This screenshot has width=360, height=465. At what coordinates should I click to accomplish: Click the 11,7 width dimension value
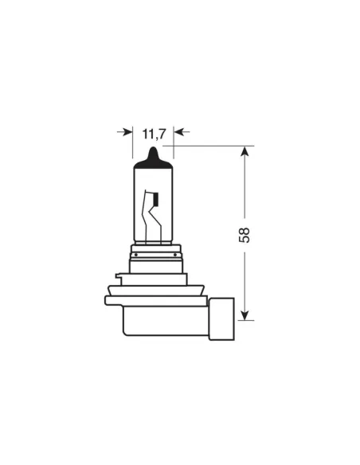coord(153,133)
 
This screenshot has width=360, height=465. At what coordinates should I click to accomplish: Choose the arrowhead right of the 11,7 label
coord(178,131)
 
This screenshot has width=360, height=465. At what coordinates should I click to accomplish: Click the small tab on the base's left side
coord(118,279)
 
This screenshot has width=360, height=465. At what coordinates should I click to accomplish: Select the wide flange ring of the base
coord(155,300)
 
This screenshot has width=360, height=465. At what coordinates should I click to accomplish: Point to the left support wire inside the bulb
coord(144,219)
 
